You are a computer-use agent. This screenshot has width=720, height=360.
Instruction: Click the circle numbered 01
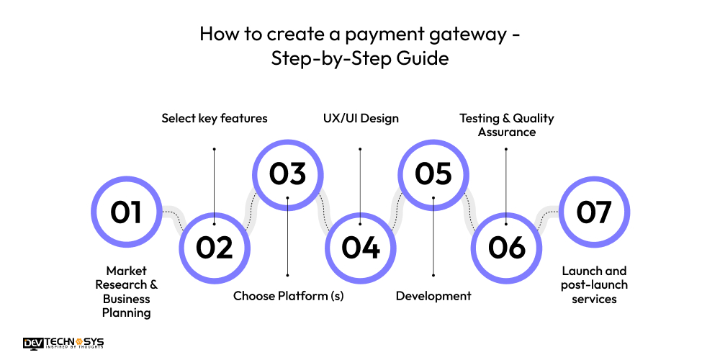click(x=126, y=212)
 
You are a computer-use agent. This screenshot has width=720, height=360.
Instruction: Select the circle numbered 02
click(x=215, y=248)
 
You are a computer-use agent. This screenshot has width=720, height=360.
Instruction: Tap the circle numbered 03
click(x=287, y=174)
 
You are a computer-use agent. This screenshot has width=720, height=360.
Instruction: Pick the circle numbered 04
click(x=361, y=248)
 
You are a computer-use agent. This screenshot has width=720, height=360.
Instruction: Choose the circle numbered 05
click(x=433, y=174)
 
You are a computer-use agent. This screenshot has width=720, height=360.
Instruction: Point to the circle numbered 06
click(x=507, y=248)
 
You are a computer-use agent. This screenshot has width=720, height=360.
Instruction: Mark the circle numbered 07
click(x=594, y=212)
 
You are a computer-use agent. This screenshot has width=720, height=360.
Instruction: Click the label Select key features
click(x=214, y=118)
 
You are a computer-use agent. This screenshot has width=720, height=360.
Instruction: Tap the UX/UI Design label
click(x=360, y=118)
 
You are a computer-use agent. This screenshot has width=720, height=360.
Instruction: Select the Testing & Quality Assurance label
click(x=507, y=125)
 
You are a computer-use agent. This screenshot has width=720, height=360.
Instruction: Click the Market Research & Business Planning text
click(x=126, y=292)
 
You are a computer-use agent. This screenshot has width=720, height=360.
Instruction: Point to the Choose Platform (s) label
click(x=288, y=296)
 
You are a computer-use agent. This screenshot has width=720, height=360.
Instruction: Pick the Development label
click(x=433, y=296)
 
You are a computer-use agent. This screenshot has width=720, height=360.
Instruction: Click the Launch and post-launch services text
click(x=594, y=284)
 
